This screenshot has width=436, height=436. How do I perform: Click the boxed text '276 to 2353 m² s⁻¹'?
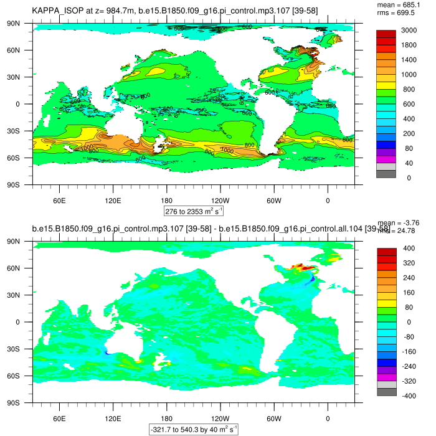tap(194, 211)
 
